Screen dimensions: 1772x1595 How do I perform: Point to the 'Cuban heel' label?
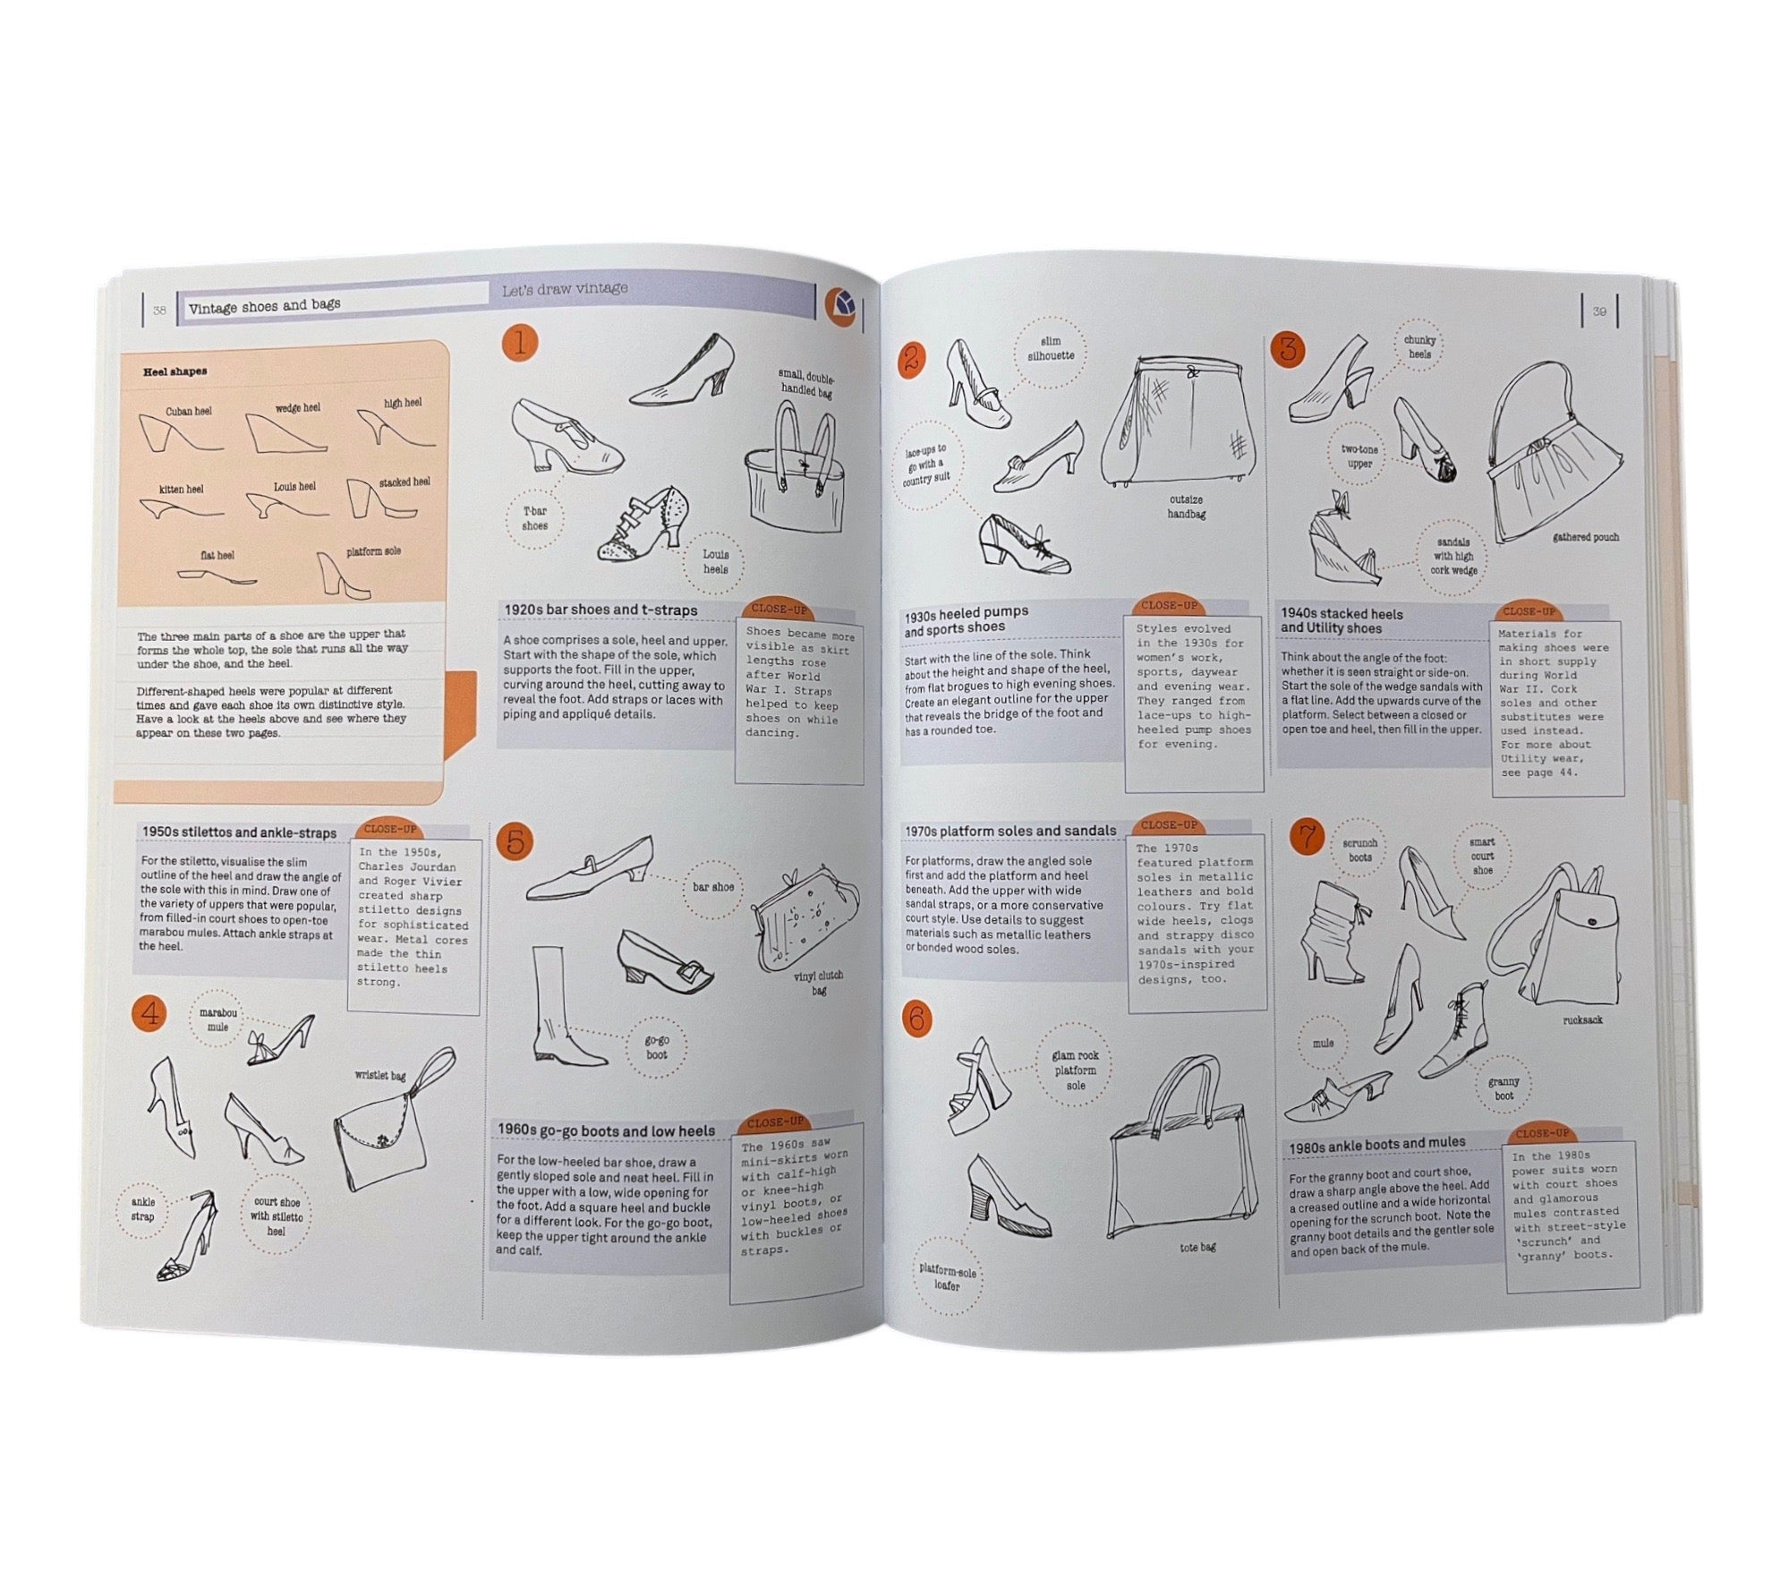(189, 412)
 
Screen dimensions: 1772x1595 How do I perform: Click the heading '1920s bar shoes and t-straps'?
(601, 610)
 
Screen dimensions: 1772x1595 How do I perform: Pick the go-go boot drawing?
(565, 1007)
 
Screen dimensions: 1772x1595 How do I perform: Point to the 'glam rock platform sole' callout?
(1075, 1070)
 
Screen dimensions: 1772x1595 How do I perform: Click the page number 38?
(159, 311)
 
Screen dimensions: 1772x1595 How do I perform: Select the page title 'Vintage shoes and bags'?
(264, 306)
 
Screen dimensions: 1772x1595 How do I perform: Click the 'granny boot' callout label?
(1504, 1088)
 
